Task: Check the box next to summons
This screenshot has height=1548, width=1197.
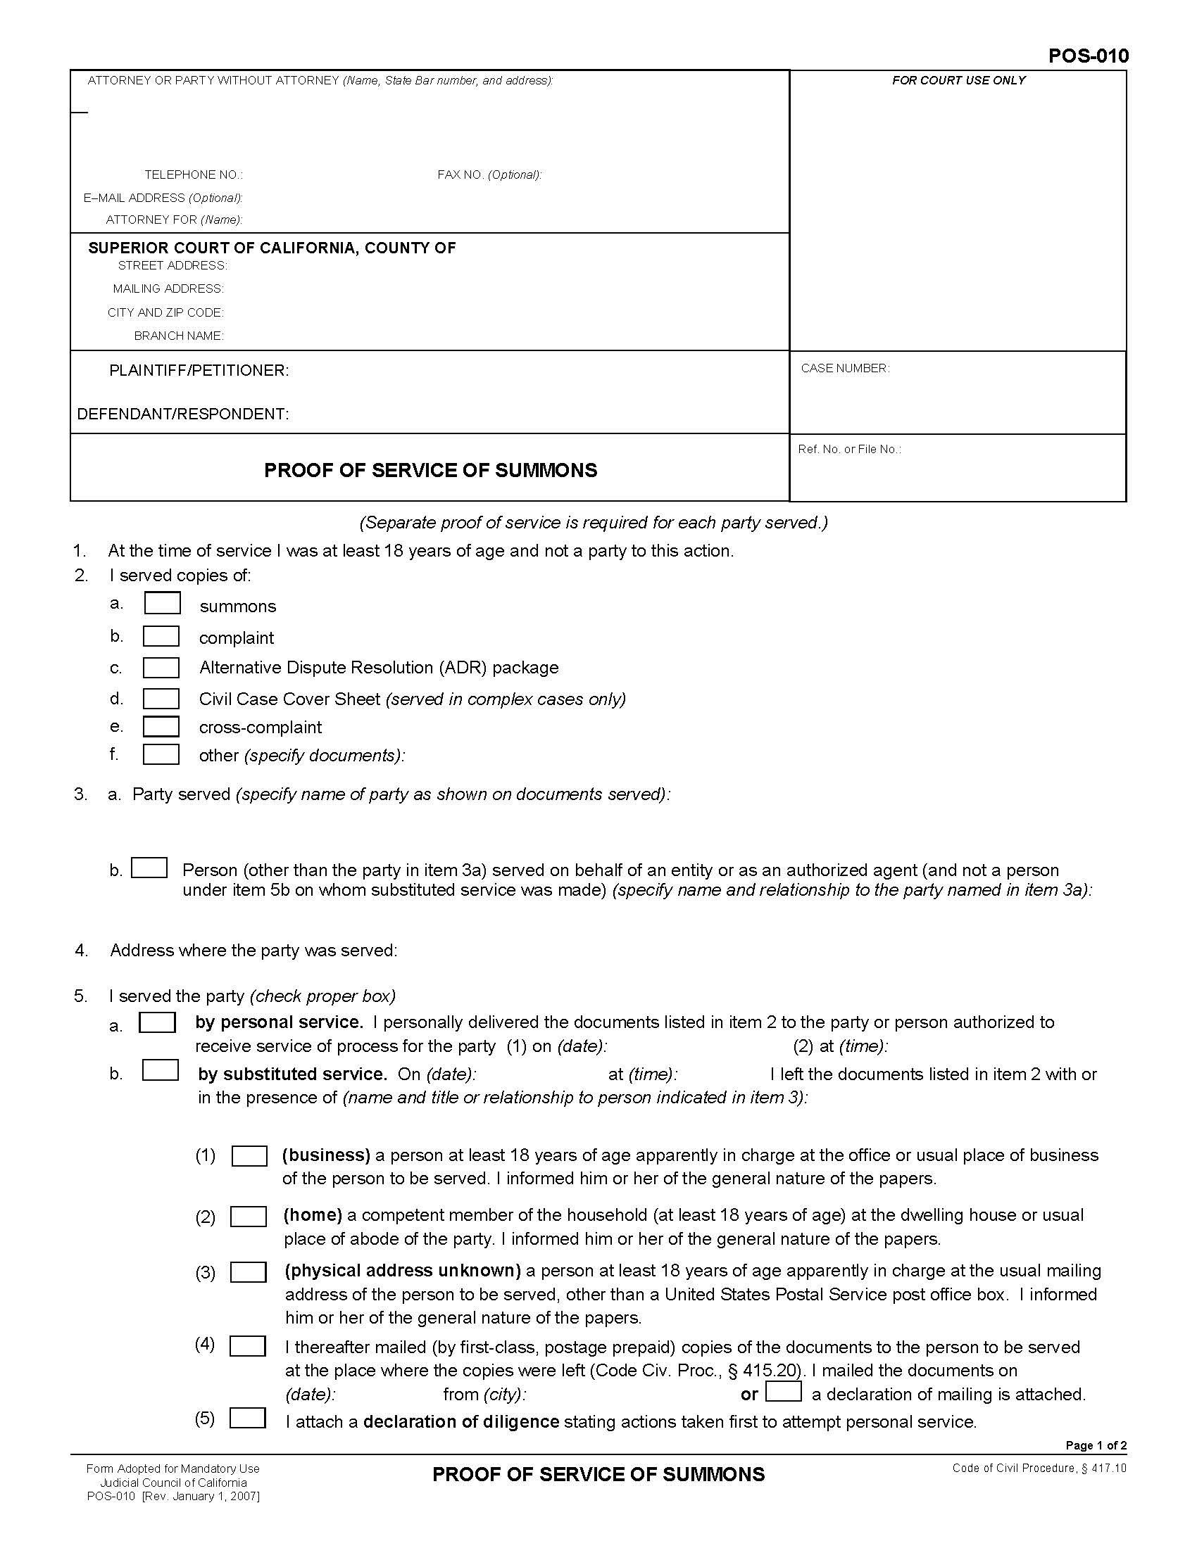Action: coord(163,603)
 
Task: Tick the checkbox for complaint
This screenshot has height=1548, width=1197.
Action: coord(161,636)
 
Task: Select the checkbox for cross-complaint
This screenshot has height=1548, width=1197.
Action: coord(161,727)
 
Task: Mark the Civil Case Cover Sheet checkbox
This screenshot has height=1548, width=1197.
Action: coord(161,698)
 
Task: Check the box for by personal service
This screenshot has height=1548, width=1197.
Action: coord(158,1022)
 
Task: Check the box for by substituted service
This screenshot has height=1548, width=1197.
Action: coord(161,1070)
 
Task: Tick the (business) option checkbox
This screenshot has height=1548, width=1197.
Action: coord(250,1155)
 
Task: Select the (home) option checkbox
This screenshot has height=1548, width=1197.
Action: coord(249,1217)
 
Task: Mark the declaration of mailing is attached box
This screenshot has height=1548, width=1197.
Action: coord(784,1391)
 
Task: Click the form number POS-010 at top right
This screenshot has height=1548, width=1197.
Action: coord(1089,56)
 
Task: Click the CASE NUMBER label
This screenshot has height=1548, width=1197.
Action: coord(844,368)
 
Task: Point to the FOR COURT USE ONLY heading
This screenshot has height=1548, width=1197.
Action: coord(959,81)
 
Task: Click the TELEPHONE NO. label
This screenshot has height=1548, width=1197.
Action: coord(194,175)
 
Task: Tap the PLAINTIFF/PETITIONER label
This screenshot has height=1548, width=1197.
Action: coord(199,371)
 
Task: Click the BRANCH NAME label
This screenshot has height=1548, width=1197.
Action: coord(179,336)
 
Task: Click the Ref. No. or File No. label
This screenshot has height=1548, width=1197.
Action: coord(849,449)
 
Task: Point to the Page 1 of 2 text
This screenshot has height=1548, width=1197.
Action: coord(1096,1445)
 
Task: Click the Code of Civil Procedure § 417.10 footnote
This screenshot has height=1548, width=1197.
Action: coord(1039,1468)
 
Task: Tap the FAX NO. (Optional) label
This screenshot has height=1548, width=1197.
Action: coord(489,175)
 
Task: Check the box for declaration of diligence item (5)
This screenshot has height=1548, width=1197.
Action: coord(248,1419)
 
